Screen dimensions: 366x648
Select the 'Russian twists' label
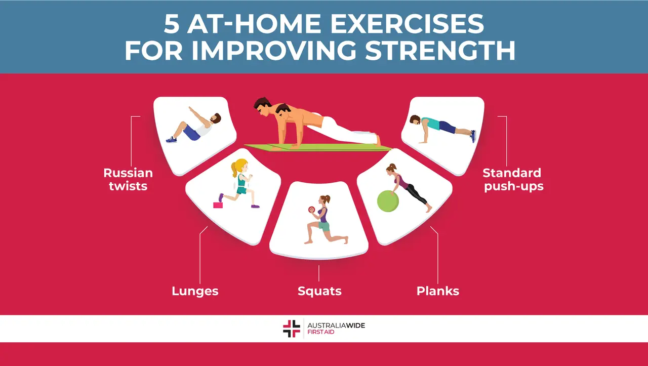[128, 179]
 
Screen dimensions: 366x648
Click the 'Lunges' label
[195, 291]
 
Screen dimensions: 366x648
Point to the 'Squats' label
[319, 291]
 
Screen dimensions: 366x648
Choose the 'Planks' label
[437, 291]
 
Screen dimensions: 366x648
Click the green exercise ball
[388, 200]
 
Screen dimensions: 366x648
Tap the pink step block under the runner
[218, 205]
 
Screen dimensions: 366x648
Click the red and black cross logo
[291, 329]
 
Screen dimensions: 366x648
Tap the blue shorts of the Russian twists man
[191, 133]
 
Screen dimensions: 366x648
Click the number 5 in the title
[172, 24]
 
